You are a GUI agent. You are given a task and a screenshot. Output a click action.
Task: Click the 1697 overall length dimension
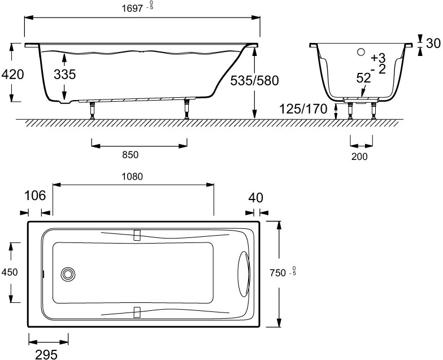coord(132,8)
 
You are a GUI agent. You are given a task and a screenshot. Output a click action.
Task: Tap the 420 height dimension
coord(12,75)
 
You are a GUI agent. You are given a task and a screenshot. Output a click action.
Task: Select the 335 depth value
coord(64,75)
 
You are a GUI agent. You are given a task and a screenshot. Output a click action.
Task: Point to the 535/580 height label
coord(254,81)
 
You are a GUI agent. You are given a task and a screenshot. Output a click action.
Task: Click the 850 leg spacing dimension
coord(130,155)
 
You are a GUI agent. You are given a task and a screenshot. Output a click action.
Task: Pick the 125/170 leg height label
coord(303,109)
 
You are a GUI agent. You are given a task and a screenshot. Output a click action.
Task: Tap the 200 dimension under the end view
coord(359,156)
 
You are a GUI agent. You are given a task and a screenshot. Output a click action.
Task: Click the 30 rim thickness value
coord(433,44)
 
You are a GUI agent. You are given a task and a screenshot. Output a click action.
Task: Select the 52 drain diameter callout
coord(363,78)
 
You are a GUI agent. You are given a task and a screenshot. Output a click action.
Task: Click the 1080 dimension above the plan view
coord(132,176)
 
